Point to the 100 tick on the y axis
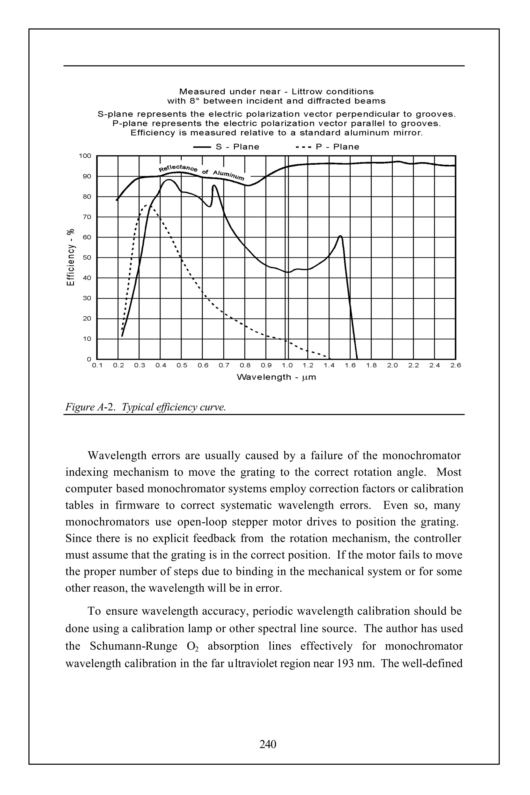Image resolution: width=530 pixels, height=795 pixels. pyautogui.click(x=85, y=156)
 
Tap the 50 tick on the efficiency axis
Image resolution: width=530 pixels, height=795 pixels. pyautogui.click(x=87, y=257)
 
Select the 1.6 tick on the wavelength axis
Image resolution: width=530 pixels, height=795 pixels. pyautogui.click(x=350, y=365)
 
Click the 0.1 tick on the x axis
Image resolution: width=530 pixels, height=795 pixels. pyautogui.click(x=97, y=365)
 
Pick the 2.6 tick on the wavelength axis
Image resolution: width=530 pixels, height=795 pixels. pyautogui.click(x=456, y=365)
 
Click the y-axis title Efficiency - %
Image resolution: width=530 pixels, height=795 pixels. pyautogui.click(x=70, y=257)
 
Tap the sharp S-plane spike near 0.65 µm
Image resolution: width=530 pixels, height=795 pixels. pyautogui.click(x=214, y=186)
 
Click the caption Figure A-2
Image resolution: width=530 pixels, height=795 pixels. pyautogui.click(x=89, y=407)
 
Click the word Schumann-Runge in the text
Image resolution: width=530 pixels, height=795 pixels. pyautogui.click(x=134, y=646)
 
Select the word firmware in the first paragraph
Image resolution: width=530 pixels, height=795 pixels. pyautogui.click(x=137, y=505)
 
